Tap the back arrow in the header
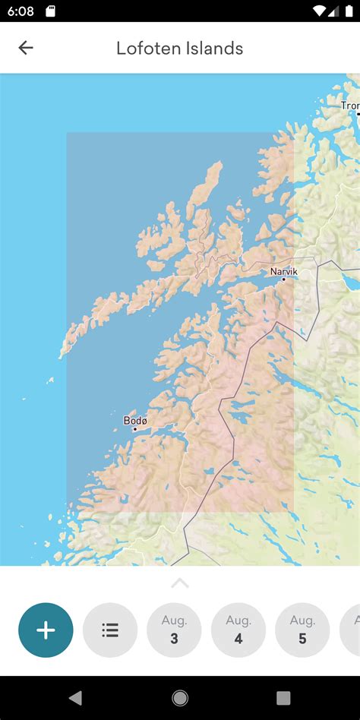pyautogui.click(x=26, y=48)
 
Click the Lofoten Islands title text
pyautogui.click(x=179, y=49)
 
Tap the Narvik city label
pyautogui.click(x=284, y=271)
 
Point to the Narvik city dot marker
pyautogui.click(x=284, y=279)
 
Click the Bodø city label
pyautogui.click(x=135, y=420)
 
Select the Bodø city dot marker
pyautogui.click(x=135, y=429)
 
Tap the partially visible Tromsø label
pyautogui.click(x=350, y=106)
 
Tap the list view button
pyautogui.click(x=110, y=630)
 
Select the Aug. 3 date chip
pyautogui.click(x=174, y=630)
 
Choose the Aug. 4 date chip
pyautogui.click(x=238, y=630)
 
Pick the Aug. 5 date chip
pyautogui.click(x=302, y=630)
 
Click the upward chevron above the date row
pyautogui.click(x=180, y=583)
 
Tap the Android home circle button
pyautogui.click(x=180, y=698)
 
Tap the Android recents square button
pyautogui.click(x=283, y=698)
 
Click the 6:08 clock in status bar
pyautogui.click(x=22, y=11)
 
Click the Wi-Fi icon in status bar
pyautogui.click(x=319, y=11)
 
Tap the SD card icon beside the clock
pyautogui.click(x=50, y=11)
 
